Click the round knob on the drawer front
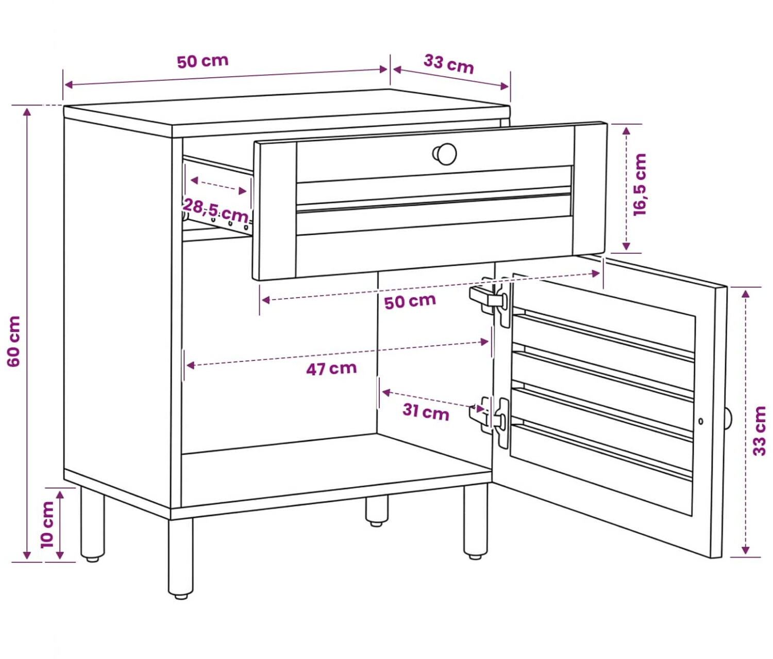pyautogui.click(x=445, y=154)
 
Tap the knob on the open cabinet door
pyautogui.click(x=728, y=419)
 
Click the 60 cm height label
pyautogui.click(x=14, y=341)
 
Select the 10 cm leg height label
pyautogui.click(x=47, y=525)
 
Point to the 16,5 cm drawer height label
pyautogui.click(x=640, y=184)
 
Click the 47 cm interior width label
pyautogui.click(x=331, y=369)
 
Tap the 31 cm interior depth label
pyautogui.click(x=426, y=412)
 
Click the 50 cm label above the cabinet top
pyautogui.click(x=203, y=62)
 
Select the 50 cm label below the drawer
pyautogui.click(x=410, y=302)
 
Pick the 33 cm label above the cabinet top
pyautogui.click(x=449, y=64)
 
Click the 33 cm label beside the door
pyautogui.click(x=759, y=431)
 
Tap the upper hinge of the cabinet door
pyautogui.click(x=491, y=301)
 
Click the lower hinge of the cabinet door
pyautogui.click(x=491, y=422)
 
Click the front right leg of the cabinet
pyautogui.click(x=475, y=521)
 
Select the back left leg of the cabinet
pyautogui.click(x=92, y=524)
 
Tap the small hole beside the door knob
pyautogui.click(x=700, y=422)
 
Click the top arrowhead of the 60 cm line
pyautogui.click(x=27, y=112)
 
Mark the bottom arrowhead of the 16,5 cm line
pyautogui.click(x=627, y=246)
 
